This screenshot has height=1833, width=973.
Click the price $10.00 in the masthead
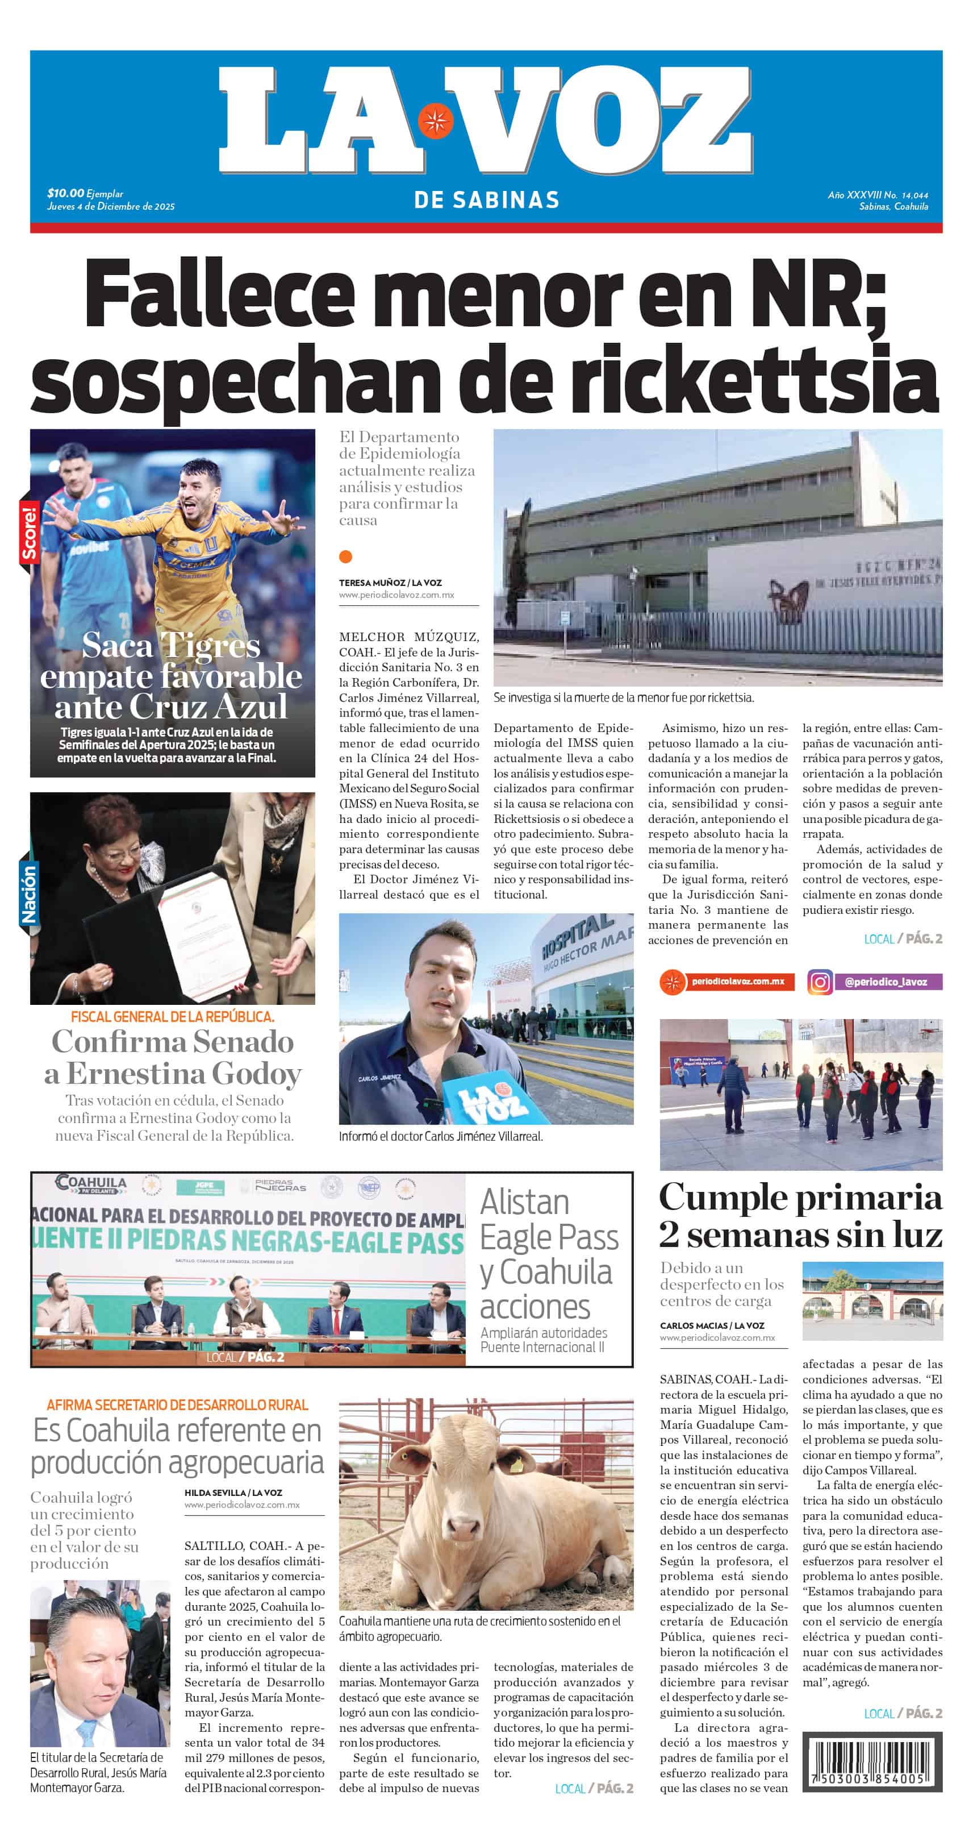65,193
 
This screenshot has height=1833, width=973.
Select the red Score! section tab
28,532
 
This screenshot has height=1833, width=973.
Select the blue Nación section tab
28,893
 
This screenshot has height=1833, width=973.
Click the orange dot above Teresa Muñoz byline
346,556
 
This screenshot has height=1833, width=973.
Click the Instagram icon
820,982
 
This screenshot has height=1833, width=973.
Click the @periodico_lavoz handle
886,982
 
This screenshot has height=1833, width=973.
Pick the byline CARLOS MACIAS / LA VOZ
712,1325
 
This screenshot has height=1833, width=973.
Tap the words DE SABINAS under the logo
486,200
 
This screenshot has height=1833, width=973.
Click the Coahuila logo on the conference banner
91,1184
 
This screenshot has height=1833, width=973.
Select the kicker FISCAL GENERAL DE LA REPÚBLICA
172,1017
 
